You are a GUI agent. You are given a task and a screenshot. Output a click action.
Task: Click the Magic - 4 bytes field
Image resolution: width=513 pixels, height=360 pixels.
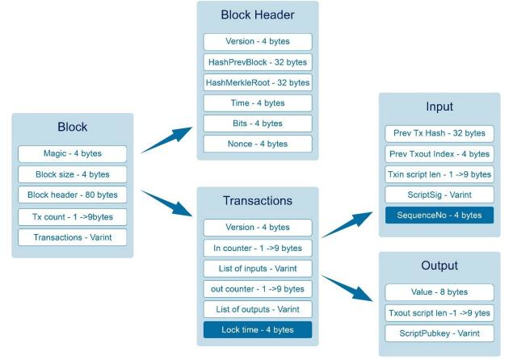pyautogui.click(x=72, y=153)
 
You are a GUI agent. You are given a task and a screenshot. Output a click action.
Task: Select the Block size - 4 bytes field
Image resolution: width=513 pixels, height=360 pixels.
pyautogui.click(x=72, y=174)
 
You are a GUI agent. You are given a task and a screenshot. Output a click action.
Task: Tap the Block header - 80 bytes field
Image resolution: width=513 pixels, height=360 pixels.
pyautogui.click(x=72, y=195)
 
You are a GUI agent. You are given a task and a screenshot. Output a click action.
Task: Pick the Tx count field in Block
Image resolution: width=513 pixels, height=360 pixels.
pyautogui.click(x=72, y=217)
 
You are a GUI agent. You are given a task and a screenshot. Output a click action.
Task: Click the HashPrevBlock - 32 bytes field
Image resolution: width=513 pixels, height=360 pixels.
pyautogui.click(x=258, y=62)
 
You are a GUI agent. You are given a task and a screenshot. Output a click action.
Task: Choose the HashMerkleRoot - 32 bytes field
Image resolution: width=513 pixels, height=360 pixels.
pyautogui.click(x=258, y=82)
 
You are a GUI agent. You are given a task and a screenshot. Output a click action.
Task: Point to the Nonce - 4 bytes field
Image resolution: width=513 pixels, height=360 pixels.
pyautogui.click(x=258, y=144)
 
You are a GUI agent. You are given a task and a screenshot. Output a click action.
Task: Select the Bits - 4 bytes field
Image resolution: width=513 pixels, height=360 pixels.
pyautogui.click(x=258, y=123)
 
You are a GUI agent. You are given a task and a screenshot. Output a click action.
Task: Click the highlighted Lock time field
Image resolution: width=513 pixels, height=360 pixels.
pyautogui.click(x=258, y=329)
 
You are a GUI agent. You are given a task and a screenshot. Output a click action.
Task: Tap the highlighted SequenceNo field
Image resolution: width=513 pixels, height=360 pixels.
pyautogui.click(x=439, y=216)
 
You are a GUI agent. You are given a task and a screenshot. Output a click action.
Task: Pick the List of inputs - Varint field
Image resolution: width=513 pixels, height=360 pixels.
pyautogui.click(x=258, y=269)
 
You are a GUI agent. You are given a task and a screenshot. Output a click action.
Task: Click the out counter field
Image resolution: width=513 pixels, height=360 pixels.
pyautogui.click(x=258, y=289)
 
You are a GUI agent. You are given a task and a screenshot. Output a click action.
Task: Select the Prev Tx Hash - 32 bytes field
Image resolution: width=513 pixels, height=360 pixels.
pyautogui.click(x=439, y=133)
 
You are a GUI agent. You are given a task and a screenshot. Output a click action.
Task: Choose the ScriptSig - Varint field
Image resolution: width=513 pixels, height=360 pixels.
pyautogui.click(x=439, y=195)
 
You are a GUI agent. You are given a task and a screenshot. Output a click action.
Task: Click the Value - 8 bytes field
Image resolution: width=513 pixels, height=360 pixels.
pyautogui.click(x=439, y=292)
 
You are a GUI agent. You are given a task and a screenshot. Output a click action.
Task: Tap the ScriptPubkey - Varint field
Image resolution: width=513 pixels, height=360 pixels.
pyautogui.click(x=439, y=333)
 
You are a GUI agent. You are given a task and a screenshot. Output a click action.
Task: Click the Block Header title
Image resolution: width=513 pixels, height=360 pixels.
pyautogui.click(x=258, y=15)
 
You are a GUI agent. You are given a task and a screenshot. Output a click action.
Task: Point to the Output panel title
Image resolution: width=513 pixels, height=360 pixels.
pyautogui.click(x=439, y=266)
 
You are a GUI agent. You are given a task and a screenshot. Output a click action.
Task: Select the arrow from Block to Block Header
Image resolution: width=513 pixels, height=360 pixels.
pyautogui.click(x=166, y=140)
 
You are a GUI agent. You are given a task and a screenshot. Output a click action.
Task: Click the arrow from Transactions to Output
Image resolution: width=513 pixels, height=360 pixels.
pyautogui.click(x=347, y=288)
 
